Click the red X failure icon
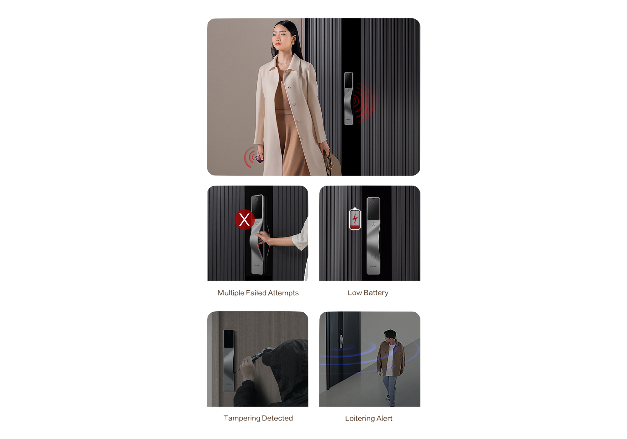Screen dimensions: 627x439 244,219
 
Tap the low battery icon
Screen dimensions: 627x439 355,219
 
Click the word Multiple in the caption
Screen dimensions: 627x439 231,293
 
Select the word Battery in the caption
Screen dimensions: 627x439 376,293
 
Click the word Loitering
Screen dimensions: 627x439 360,419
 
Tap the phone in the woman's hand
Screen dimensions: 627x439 260,158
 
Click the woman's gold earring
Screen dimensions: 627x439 293,41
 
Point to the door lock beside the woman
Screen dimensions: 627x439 349,98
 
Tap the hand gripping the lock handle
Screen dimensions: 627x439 263,238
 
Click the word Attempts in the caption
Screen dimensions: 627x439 283,293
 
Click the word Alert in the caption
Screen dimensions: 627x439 384,419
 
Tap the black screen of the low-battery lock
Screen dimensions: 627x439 373,209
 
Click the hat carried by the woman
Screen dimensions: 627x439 333,162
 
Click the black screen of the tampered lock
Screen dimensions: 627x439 229,338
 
